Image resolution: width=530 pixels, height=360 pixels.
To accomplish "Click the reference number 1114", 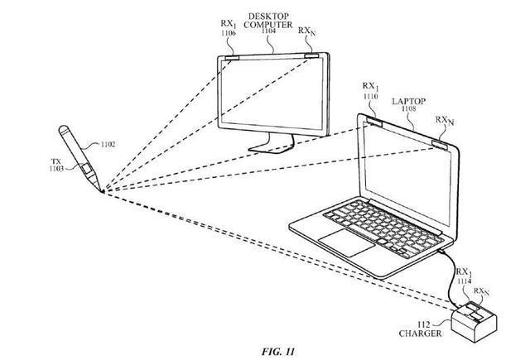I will point(464,281).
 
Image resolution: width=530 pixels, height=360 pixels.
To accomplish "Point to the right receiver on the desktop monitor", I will point(312,55).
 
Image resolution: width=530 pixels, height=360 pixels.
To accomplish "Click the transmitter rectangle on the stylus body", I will point(87,170).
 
